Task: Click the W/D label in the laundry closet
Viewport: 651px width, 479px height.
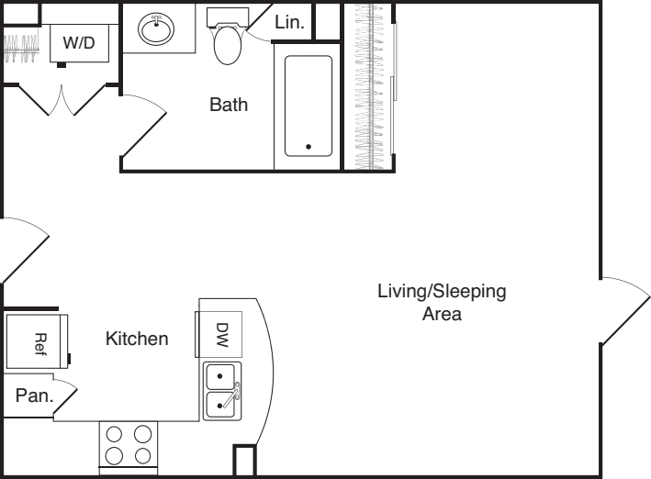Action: coord(79,42)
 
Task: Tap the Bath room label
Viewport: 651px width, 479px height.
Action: coord(229,105)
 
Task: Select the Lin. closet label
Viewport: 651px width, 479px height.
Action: coord(289,22)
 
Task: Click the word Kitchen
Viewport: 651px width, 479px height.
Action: coord(137,339)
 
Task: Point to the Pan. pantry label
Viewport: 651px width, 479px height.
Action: coord(35,395)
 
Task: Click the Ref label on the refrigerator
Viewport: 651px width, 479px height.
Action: coord(40,344)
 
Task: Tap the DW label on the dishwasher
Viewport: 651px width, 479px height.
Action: coord(222,335)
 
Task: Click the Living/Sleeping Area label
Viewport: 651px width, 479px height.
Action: coord(442,302)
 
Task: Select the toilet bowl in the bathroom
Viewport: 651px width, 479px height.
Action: coord(228,45)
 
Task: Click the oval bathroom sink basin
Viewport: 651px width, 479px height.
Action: coord(156,28)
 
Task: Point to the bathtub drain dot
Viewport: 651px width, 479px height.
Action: coord(309,147)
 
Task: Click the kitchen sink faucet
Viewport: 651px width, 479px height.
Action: coord(231,395)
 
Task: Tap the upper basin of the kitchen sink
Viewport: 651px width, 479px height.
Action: coord(220,377)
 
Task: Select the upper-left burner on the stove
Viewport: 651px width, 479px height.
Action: coord(114,435)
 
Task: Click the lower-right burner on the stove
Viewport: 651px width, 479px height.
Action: coord(142,456)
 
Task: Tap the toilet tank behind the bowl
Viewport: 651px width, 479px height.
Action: coord(228,17)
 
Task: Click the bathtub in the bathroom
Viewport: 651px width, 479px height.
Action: coord(309,106)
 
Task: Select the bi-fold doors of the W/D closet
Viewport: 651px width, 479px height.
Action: coord(62,100)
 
